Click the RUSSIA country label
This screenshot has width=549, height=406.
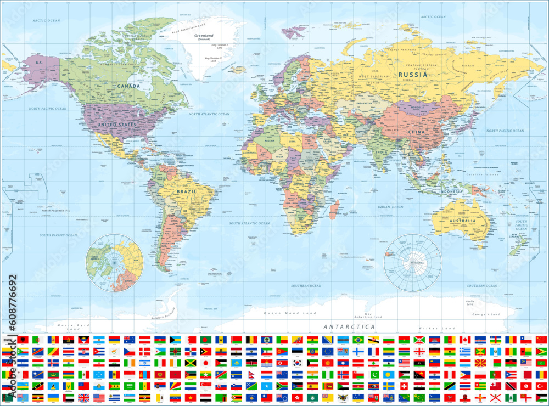(413, 74)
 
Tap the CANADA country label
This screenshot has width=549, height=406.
(128, 86)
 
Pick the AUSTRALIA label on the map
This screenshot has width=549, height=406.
(462, 221)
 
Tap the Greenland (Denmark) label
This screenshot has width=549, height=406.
(204, 37)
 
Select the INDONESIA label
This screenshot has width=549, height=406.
(451, 191)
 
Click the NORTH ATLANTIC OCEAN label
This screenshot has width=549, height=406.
(209, 114)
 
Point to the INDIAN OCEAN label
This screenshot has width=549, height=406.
(390, 207)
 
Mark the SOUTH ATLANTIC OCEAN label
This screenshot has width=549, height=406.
(249, 223)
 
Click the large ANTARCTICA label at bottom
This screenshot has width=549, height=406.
(349, 326)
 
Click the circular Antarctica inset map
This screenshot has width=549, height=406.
(412, 262)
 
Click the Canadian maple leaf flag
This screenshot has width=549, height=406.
(464, 340)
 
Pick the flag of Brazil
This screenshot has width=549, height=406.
(358, 340)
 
